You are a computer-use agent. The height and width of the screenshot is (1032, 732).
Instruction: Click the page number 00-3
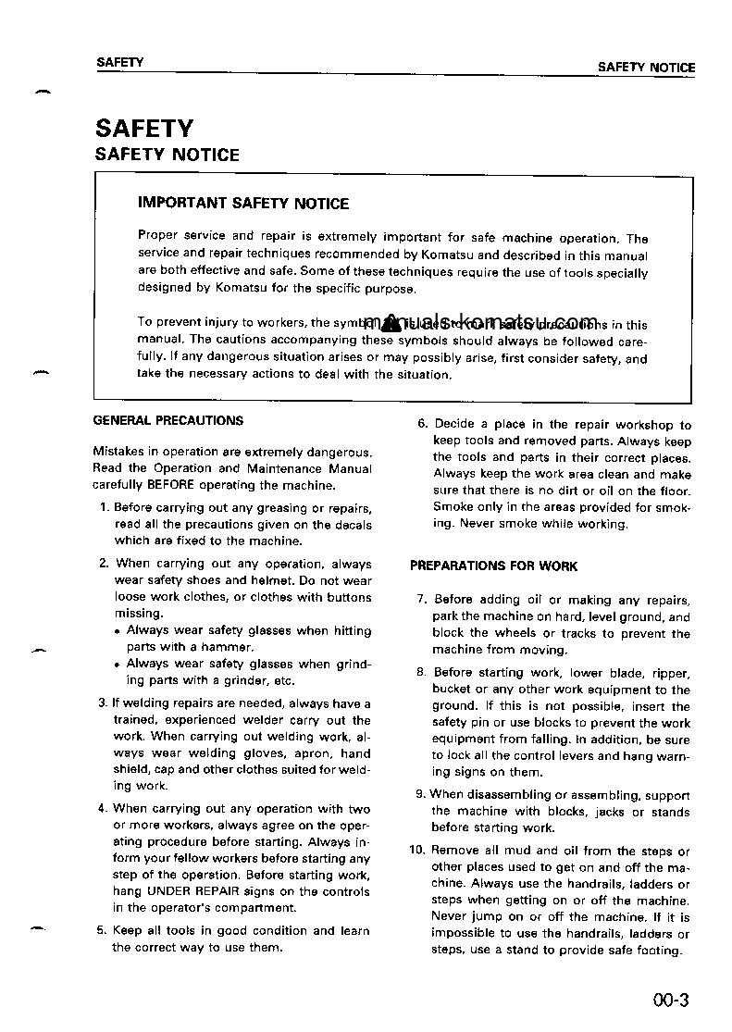pos(671,1000)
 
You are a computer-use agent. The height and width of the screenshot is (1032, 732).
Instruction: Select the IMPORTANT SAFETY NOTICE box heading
pos(243,204)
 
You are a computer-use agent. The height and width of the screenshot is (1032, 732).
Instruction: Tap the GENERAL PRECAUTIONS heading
pos(168,420)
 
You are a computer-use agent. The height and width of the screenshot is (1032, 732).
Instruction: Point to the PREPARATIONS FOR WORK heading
pos(494,566)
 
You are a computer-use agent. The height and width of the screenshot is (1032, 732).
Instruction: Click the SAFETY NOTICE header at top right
pos(646,68)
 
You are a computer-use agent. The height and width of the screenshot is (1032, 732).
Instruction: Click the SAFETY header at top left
pos(120,62)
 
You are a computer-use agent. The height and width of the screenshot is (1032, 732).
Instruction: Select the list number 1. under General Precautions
pos(105,507)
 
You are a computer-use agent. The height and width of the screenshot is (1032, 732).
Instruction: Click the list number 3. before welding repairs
pos(104,703)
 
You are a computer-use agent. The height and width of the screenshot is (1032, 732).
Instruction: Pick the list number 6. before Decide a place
pos(422,425)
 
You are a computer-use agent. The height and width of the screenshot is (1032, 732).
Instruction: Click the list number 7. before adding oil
pos(422,600)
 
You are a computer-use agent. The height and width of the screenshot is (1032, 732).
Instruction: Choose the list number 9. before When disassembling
pos(421,795)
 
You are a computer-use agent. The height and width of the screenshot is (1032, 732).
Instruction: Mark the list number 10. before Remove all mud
pos(417,851)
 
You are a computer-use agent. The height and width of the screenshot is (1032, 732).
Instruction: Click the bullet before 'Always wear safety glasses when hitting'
pos(118,631)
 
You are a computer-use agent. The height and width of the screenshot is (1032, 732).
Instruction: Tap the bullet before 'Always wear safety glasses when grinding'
pos(118,665)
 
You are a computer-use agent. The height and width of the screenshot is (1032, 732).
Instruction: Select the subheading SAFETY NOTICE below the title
pos(167,155)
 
